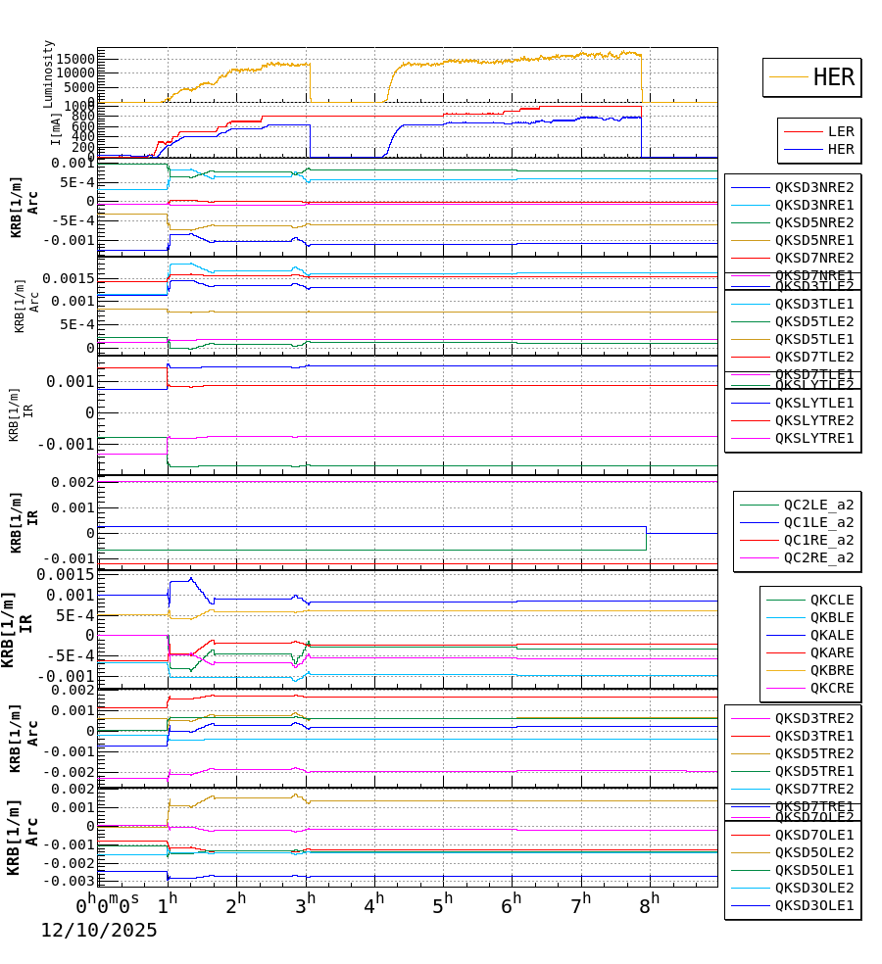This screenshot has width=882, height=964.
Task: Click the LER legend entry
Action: (840, 131)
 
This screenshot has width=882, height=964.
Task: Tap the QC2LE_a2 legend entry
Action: (817, 505)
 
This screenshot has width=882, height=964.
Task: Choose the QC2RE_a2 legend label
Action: (817, 557)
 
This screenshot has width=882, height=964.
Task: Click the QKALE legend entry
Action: (831, 635)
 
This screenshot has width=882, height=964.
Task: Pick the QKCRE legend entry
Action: (831, 688)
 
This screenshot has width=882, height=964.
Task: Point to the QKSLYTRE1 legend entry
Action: (813, 438)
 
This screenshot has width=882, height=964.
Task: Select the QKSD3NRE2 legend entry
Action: (813, 187)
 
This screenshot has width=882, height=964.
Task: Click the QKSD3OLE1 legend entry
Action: (813, 906)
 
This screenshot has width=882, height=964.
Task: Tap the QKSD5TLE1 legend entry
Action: (813, 339)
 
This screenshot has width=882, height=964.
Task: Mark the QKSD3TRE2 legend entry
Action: (813, 718)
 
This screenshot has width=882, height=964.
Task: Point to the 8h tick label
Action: (649, 902)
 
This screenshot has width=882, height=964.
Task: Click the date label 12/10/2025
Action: (98, 931)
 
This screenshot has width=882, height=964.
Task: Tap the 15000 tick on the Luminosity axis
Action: (73, 59)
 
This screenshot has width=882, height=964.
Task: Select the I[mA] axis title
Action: (56, 130)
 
